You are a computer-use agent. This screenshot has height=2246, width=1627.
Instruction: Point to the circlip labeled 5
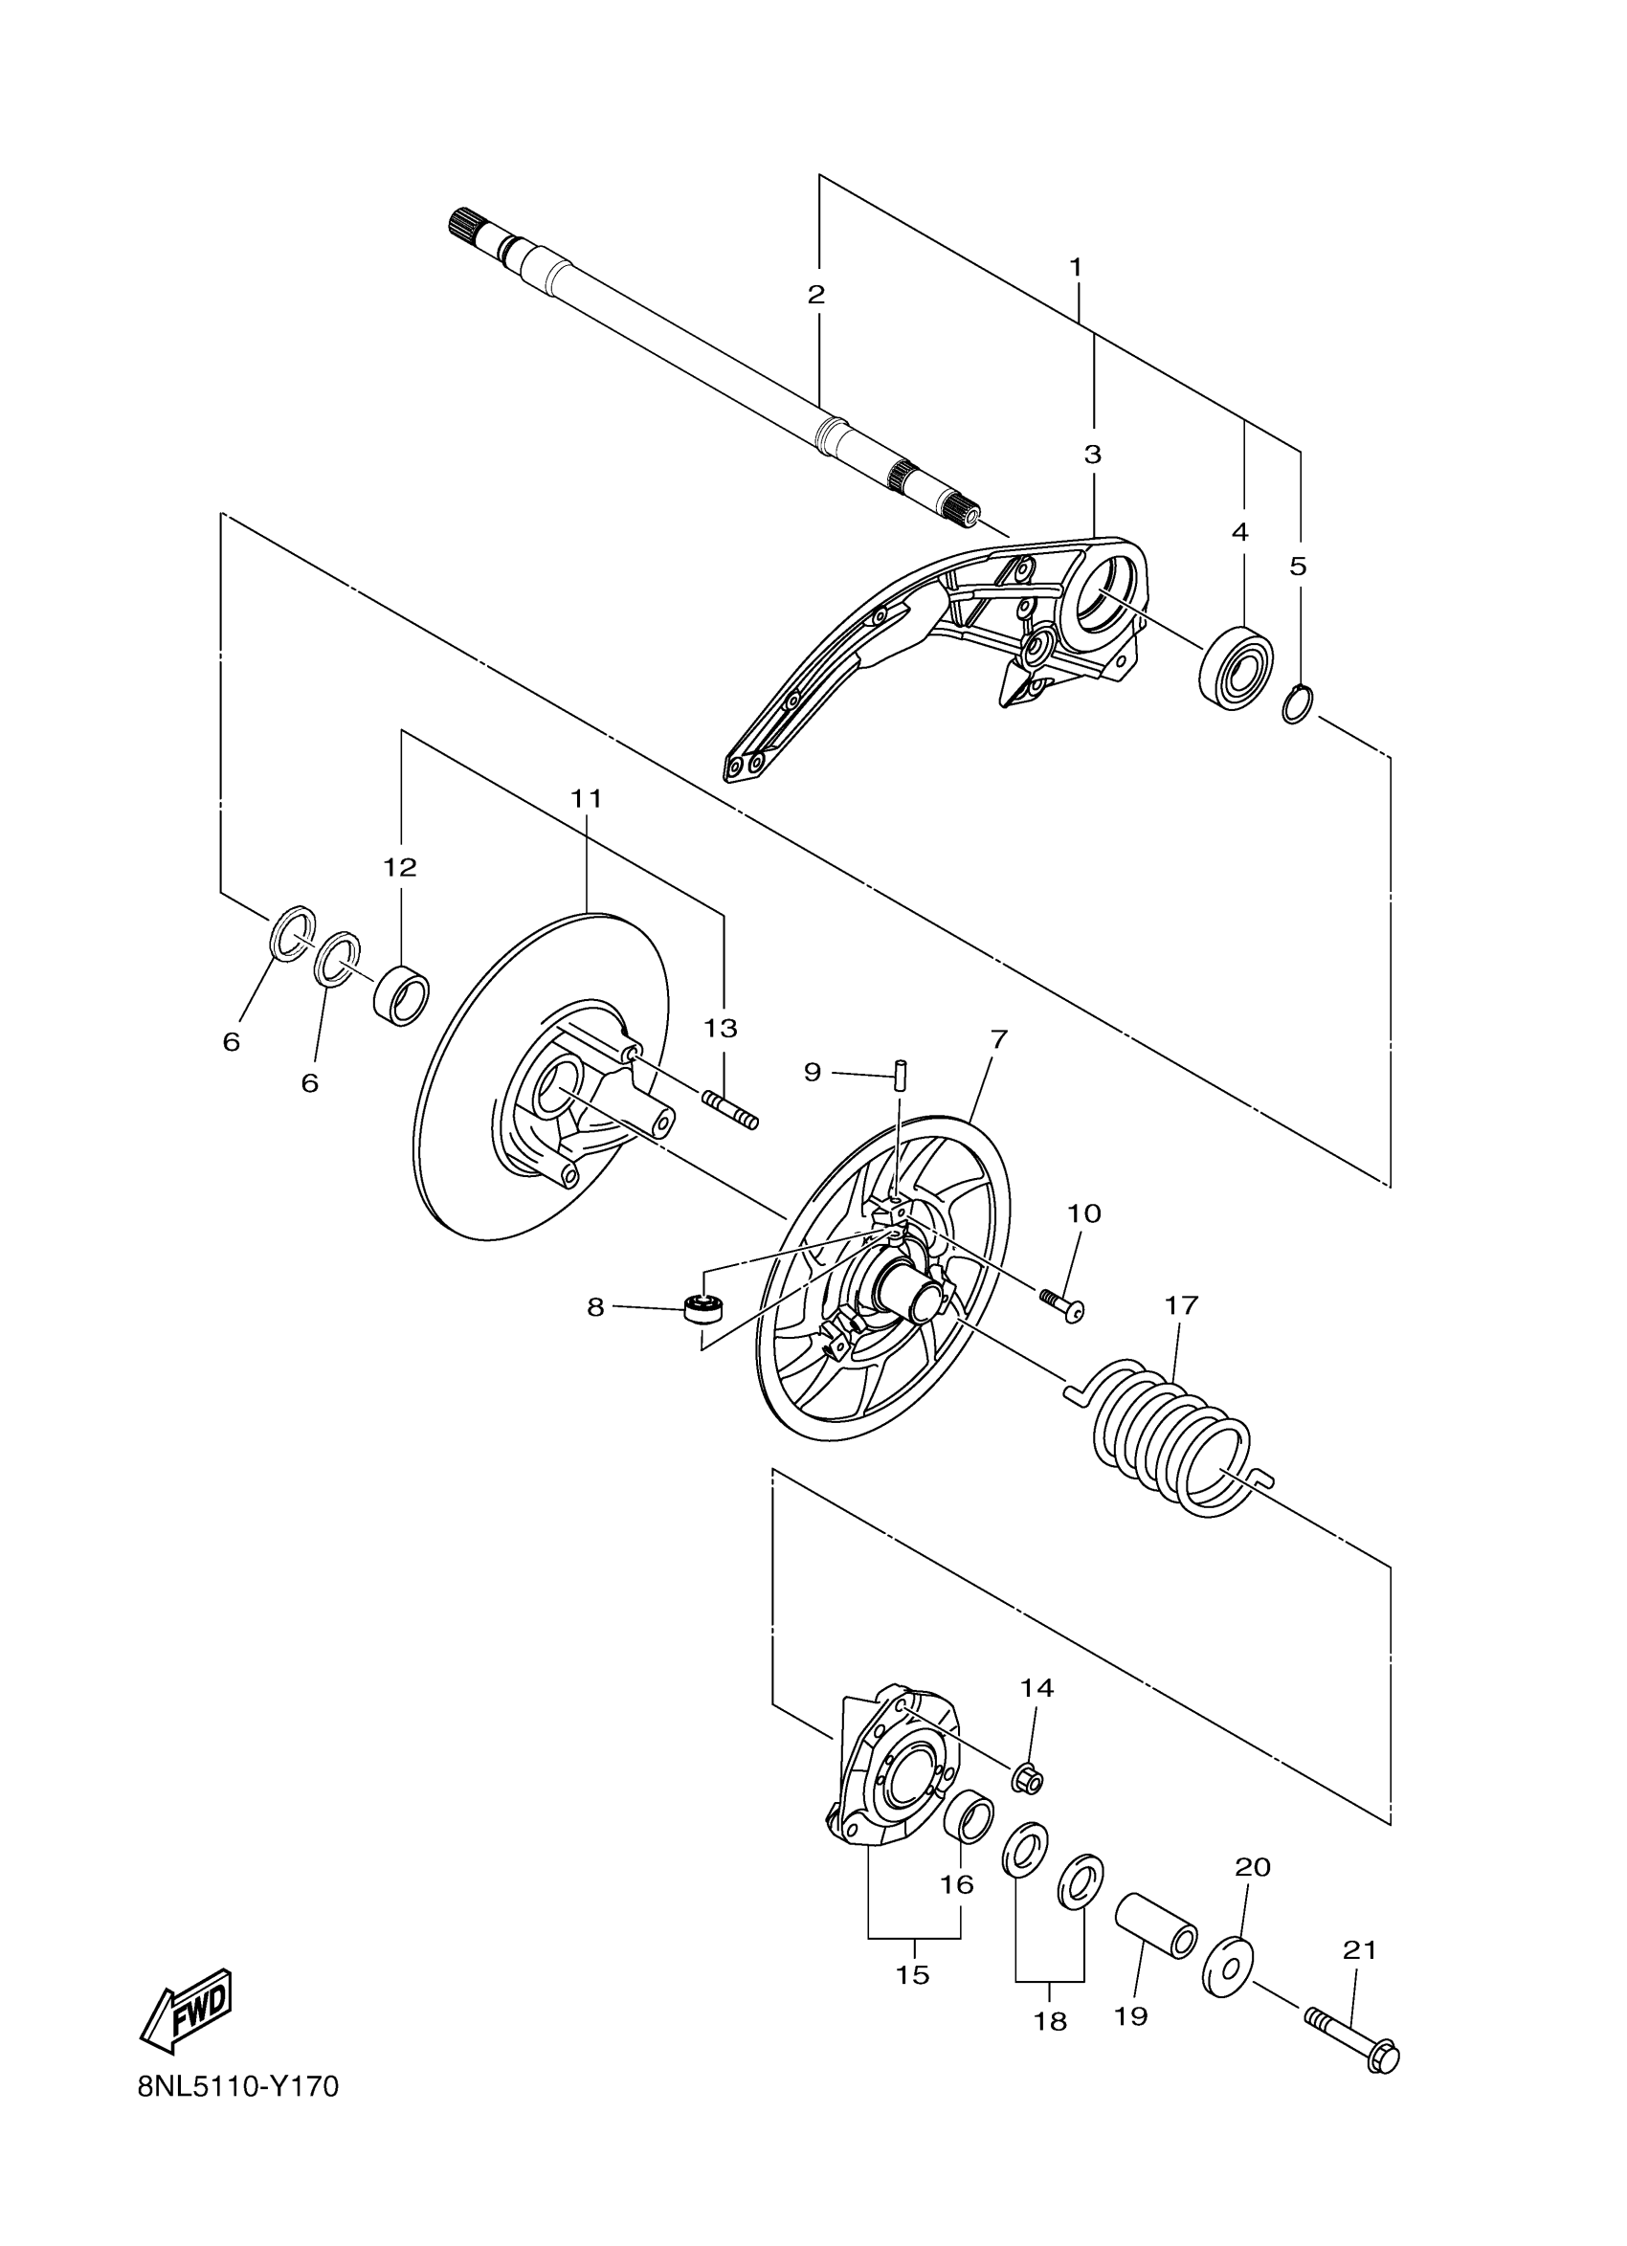click(1297, 704)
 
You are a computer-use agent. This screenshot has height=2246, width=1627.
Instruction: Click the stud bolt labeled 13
click(730, 1108)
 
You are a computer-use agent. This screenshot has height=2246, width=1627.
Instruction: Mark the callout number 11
click(587, 798)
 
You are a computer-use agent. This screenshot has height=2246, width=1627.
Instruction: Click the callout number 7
click(998, 1040)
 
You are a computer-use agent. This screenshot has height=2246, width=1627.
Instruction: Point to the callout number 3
click(1092, 455)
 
